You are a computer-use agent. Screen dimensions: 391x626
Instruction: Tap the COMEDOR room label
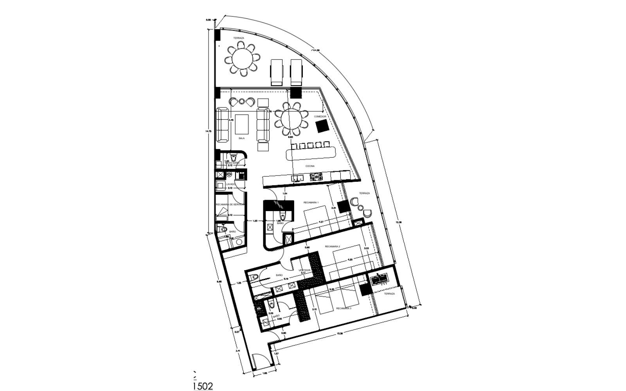click(320, 117)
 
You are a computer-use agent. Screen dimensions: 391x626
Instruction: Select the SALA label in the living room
click(242, 138)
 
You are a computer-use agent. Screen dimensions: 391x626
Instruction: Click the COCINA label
click(310, 166)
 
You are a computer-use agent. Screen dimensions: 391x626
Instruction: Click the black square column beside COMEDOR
click(323, 126)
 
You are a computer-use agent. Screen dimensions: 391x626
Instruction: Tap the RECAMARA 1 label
click(311, 203)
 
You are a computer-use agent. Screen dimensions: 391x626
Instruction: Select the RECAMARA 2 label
click(333, 247)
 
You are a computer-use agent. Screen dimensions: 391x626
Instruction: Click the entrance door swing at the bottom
click(259, 361)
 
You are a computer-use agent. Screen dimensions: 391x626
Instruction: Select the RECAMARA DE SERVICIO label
click(230, 204)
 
